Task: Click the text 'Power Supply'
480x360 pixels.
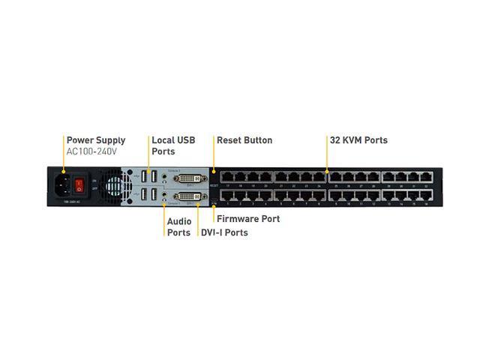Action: point(96,140)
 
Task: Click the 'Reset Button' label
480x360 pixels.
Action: point(244,140)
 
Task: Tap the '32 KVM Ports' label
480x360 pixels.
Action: point(358,140)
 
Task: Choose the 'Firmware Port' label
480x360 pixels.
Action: point(247,219)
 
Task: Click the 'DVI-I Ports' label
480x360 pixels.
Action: point(224,232)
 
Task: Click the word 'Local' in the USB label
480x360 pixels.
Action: point(163,140)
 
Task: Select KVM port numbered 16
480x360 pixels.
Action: point(427,196)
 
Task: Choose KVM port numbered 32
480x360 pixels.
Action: point(427,177)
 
